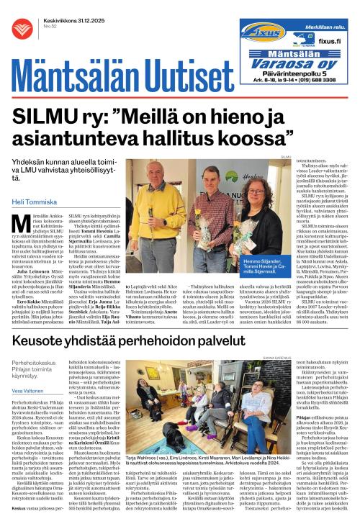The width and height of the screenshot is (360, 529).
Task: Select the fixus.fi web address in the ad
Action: [328, 42]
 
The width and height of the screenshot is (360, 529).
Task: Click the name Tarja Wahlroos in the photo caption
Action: [143, 477]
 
